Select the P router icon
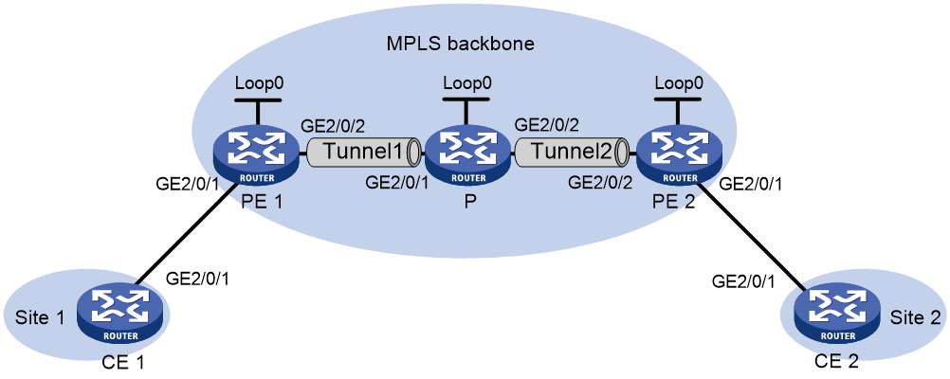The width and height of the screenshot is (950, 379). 467,155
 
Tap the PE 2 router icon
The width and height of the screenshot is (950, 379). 677,155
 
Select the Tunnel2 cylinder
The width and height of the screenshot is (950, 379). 573,152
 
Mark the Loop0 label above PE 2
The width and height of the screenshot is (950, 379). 679,81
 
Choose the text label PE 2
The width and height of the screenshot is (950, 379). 677,199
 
